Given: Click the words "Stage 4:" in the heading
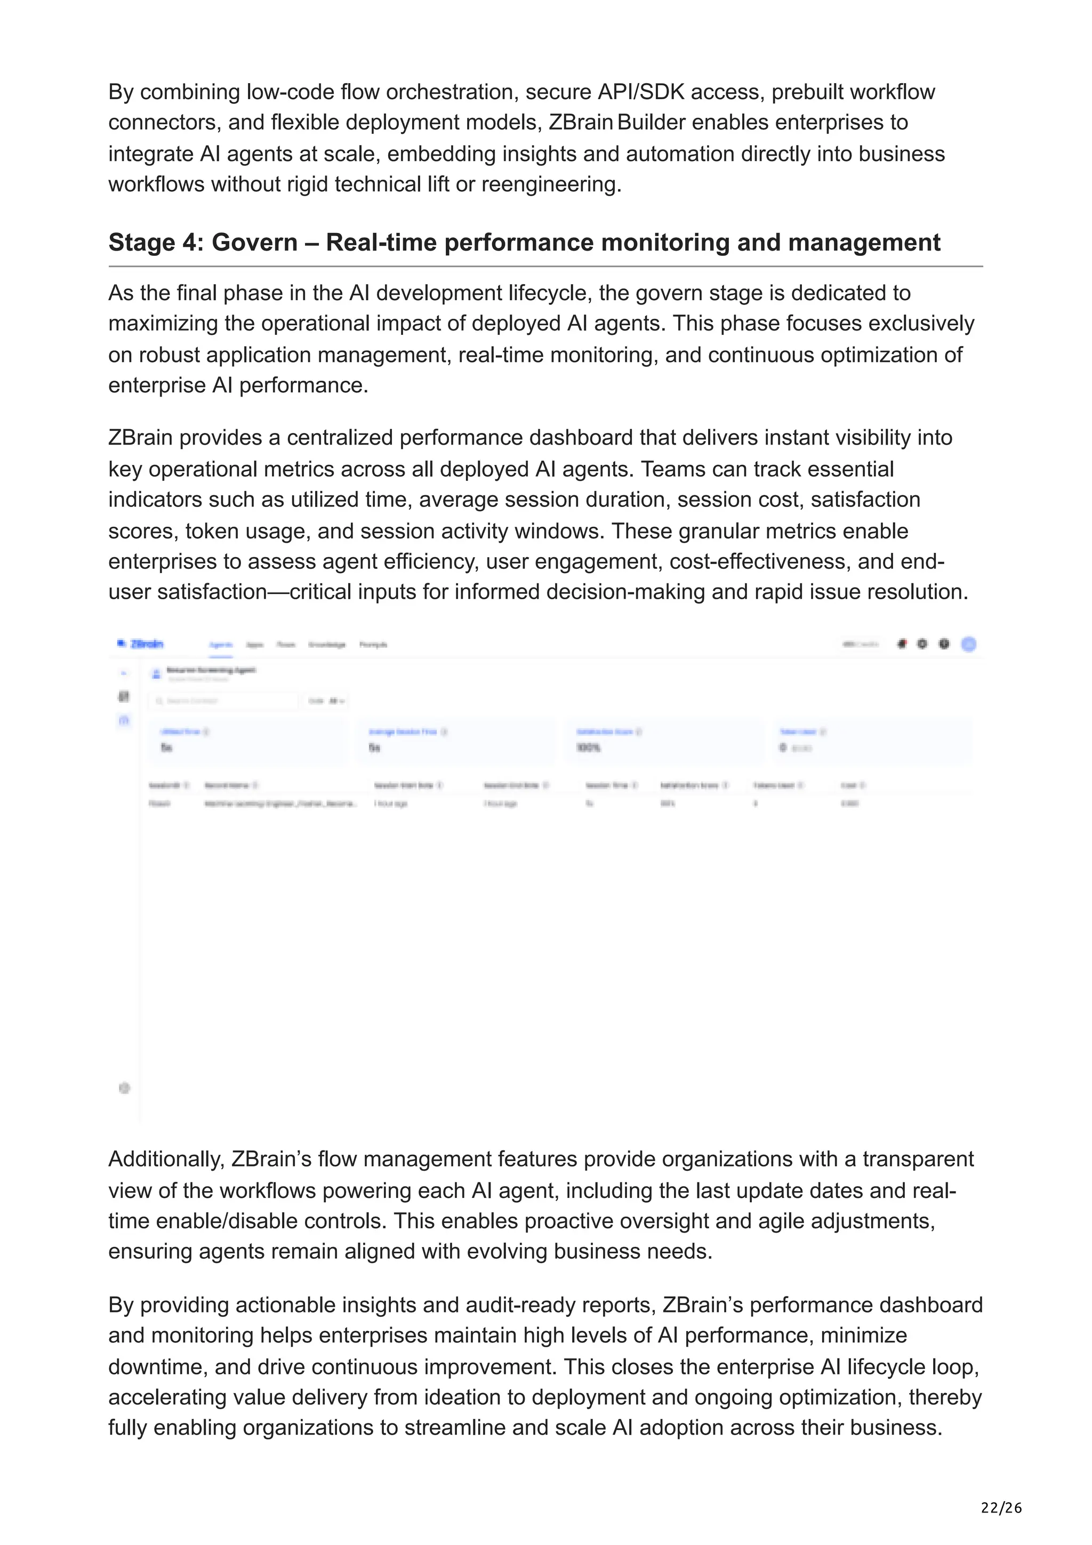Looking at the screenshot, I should [155, 242].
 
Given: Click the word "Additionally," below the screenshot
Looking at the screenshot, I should [166, 1159].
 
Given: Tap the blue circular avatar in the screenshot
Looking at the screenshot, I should [968, 644].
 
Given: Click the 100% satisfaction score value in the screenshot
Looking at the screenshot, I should [589, 747].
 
